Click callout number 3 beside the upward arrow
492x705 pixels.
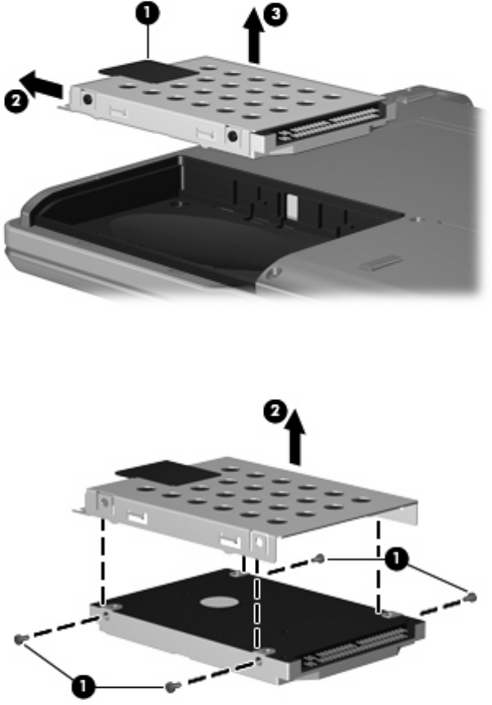tap(275, 15)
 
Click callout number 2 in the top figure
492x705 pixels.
tap(16, 101)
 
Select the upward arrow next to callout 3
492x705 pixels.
tap(254, 36)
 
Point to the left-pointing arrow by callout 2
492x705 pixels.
tap(42, 83)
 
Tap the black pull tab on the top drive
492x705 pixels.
tap(148, 72)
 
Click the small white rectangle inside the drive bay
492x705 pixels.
tap(291, 204)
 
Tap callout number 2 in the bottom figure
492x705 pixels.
tap(275, 412)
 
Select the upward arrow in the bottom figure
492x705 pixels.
tap(295, 438)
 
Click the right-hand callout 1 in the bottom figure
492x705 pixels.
tap(396, 559)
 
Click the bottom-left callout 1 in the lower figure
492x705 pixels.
tap(83, 686)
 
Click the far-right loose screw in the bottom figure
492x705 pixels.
tap(471, 597)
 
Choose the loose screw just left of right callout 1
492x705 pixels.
tap(319, 559)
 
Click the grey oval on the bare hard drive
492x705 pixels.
tap(219, 603)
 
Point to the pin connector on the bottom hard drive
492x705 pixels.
tap(355, 649)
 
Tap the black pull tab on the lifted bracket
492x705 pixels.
tap(168, 473)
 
